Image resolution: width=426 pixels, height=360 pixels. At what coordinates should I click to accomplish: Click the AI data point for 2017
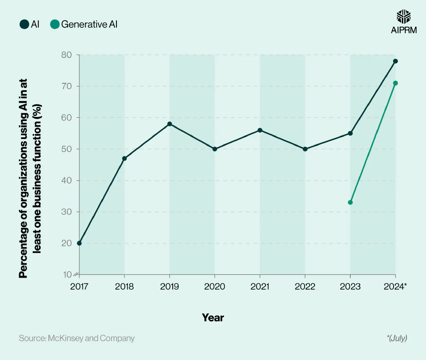point(79,243)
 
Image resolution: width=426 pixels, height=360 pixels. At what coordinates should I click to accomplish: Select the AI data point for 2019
point(170,124)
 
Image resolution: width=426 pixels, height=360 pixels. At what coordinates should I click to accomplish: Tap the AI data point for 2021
point(260,130)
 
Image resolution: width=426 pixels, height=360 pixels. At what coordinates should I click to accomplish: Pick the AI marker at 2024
point(396,61)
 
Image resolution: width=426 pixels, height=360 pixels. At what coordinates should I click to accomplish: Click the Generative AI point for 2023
point(350,202)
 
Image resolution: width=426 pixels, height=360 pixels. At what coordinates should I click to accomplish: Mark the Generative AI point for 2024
point(396,83)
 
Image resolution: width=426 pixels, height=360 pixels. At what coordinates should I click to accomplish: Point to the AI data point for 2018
point(124,159)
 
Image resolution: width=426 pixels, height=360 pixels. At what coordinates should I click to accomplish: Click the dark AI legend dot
point(24,25)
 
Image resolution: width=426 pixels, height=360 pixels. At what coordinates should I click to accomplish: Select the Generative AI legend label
point(89,25)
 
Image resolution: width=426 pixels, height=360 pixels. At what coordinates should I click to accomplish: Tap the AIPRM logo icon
point(404,17)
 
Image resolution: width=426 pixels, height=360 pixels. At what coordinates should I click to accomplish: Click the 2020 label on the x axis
point(215,287)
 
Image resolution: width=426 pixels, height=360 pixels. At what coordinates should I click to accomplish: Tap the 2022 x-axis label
point(305,287)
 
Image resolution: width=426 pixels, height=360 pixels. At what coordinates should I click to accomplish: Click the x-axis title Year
point(213,318)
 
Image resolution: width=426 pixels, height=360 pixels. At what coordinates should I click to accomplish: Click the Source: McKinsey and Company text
point(77,338)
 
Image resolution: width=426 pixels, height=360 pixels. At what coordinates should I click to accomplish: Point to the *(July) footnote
point(396,338)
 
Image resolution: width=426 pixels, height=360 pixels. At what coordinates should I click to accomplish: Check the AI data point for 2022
point(305,149)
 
